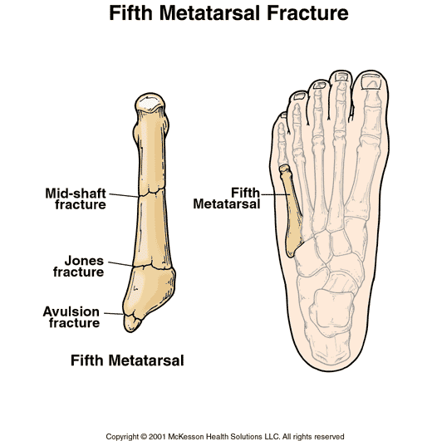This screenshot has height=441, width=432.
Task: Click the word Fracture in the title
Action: pyautogui.click(x=307, y=13)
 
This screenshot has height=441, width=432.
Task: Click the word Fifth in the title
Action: pyautogui.click(x=130, y=13)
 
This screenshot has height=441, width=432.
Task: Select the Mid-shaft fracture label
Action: pyautogui.click(x=76, y=198)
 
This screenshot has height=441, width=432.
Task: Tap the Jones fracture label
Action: pyautogui.click(x=79, y=266)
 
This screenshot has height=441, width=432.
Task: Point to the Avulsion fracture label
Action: pyautogui.click(x=71, y=317)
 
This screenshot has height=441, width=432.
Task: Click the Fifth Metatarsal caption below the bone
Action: pyautogui.click(x=127, y=360)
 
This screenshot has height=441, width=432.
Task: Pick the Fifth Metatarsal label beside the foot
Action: pyautogui.click(x=227, y=198)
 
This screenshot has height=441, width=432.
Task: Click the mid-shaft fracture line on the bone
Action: pyautogui.click(x=151, y=193)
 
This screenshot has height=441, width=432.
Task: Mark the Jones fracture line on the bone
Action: pyautogui.click(x=152, y=267)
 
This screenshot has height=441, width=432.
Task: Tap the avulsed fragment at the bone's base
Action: pyautogui.click(x=132, y=323)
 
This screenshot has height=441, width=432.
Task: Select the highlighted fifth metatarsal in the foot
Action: pyautogui.click(x=292, y=211)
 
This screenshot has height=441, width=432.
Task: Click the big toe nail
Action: pyautogui.click(x=371, y=82)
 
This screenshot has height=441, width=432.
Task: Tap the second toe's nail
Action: pyautogui.click(x=341, y=76)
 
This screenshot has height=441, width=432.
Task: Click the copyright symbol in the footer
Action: pyautogui.click(x=144, y=437)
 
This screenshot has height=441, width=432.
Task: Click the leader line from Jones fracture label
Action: pyautogui.click(x=120, y=264)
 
